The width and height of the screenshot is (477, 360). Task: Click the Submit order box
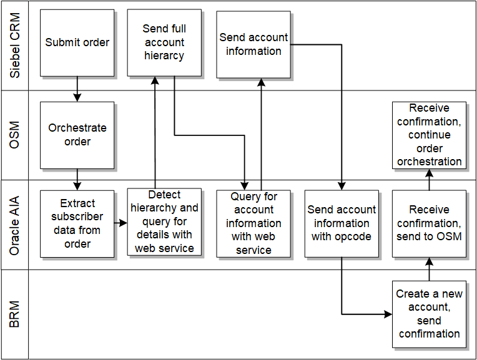(77, 42)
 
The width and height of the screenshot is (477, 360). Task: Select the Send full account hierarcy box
(164, 42)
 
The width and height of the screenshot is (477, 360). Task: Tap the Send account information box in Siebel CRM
(253, 44)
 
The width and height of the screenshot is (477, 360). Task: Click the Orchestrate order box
(77, 135)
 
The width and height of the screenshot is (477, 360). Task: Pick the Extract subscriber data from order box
(77, 223)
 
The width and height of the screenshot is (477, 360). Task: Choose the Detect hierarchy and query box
(164, 221)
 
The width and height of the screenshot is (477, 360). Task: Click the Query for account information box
(253, 223)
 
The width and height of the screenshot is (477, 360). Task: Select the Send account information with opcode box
(342, 223)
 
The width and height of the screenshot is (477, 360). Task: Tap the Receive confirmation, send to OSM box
(430, 223)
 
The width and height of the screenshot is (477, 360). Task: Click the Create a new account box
(430, 314)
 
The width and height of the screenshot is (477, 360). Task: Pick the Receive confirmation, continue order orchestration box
(430, 135)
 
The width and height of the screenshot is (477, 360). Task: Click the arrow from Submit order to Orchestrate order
(77, 89)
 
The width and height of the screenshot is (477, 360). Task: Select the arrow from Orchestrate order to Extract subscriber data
(77, 179)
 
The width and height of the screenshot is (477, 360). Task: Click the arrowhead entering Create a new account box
(389, 314)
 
